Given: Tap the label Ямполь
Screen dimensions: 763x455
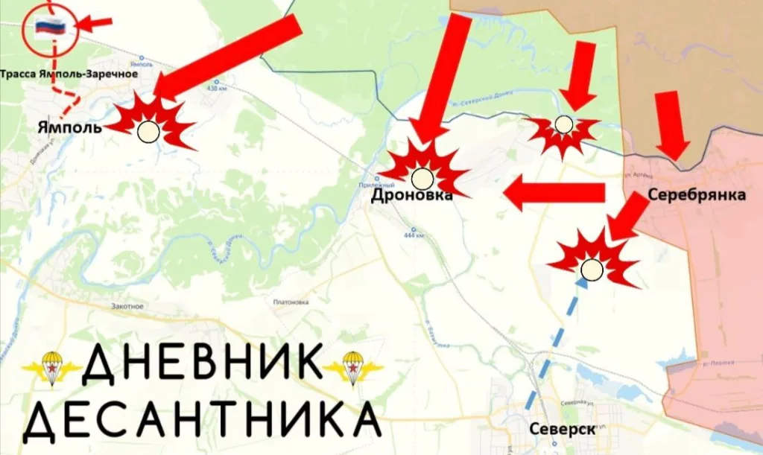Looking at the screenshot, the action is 69,127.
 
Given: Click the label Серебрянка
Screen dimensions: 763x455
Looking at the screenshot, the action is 697,195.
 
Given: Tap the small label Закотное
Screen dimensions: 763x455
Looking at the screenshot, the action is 127,306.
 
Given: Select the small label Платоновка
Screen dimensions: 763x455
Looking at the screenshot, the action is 291,302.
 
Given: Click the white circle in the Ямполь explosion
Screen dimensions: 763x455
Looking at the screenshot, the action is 148,133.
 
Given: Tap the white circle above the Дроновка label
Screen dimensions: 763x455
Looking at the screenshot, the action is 422,178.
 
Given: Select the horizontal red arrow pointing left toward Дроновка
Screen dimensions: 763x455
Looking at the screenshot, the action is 554,194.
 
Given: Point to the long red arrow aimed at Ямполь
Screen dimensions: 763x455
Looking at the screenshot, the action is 231,57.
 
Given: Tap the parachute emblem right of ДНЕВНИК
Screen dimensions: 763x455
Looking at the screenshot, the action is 352,367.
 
